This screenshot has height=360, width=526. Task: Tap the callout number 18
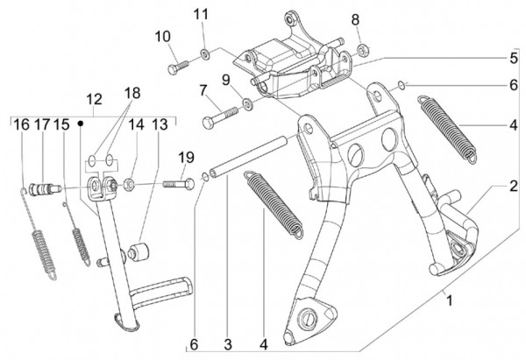click(x=131, y=94)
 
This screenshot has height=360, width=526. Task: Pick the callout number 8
click(x=356, y=19)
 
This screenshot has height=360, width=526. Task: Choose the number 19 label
click(x=185, y=158)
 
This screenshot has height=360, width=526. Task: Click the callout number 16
click(x=19, y=125)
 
